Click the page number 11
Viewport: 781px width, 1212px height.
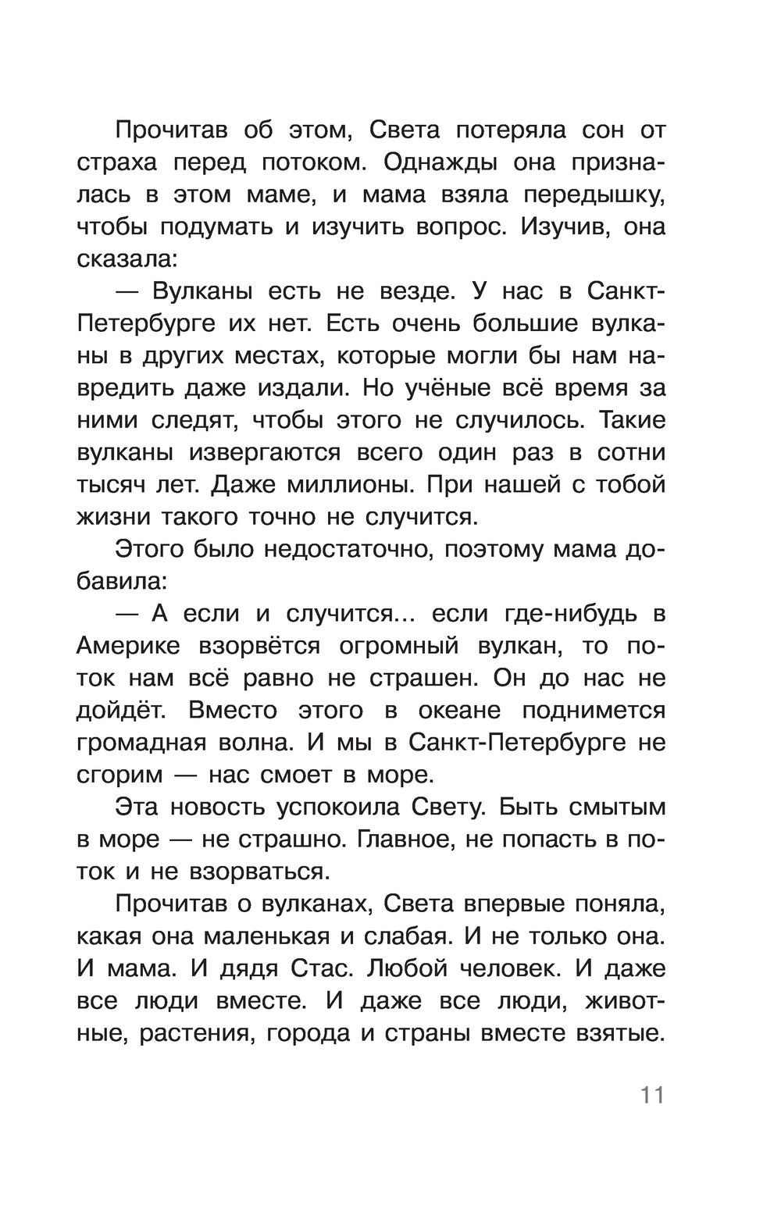tap(652, 1094)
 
